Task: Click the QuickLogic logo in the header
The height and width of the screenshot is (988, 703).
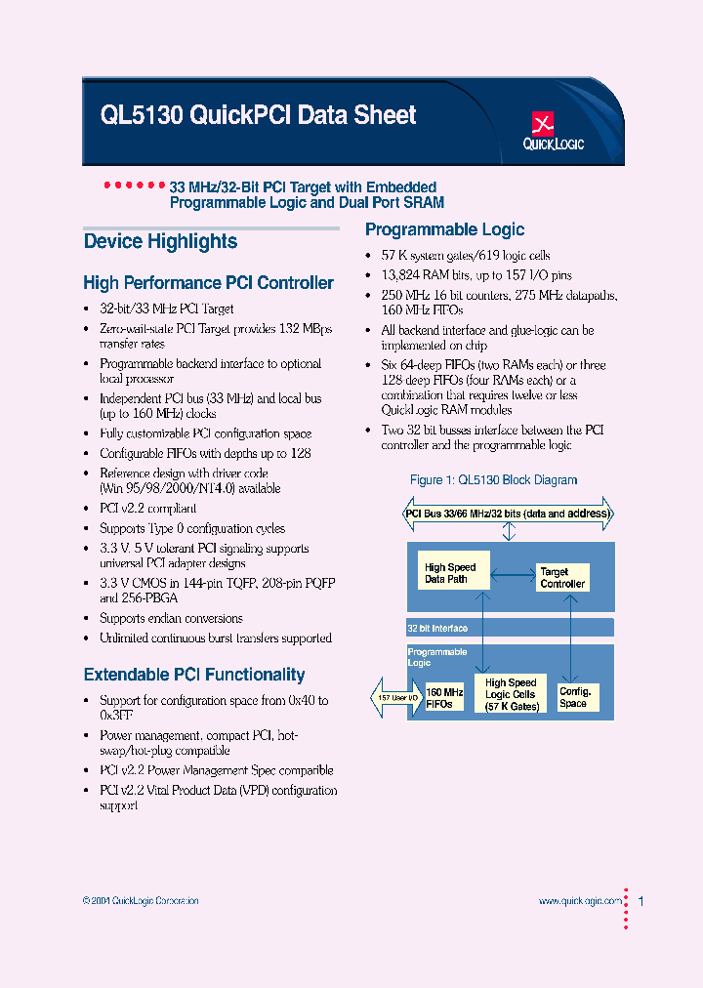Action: (x=553, y=131)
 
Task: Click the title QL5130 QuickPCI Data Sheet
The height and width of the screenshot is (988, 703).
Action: (x=259, y=115)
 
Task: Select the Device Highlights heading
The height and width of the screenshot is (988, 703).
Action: (x=160, y=241)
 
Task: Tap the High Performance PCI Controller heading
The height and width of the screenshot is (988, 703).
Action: (x=208, y=283)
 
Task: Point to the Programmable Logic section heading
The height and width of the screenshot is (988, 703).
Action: (x=444, y=229)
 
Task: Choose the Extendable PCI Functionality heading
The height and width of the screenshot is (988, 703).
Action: (x=194, y=675)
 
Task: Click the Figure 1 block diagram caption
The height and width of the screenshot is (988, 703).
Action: (x=493, y=480)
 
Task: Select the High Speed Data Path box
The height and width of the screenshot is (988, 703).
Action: (x=450, y=573)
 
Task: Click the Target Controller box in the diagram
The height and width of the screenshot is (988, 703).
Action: (x=562, y=578)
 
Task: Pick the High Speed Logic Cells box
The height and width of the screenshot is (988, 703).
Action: (x=512, y=694)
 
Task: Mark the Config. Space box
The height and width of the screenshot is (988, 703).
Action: (x=574, y=696)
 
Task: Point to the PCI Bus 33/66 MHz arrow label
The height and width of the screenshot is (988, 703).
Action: (x=508, y=514)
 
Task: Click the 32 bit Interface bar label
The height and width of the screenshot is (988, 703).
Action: (x=437, y=629)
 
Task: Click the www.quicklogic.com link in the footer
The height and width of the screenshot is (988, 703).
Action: (x=579, y=901)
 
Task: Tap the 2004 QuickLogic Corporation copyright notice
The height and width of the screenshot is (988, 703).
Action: (x=141, y=901)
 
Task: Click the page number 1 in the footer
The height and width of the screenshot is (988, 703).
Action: (x=641, y=901)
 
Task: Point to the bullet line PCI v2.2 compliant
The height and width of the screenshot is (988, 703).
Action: (x=147, y=509)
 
